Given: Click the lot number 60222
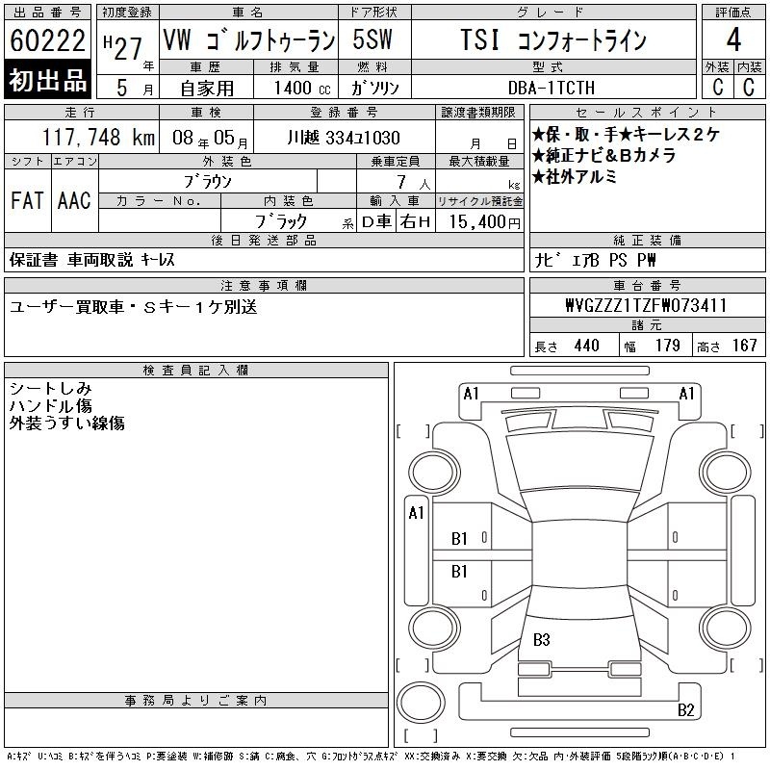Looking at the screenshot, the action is [47, 39].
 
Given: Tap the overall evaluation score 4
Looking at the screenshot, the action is [733, 39].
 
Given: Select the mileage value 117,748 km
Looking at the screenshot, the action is [98, 137].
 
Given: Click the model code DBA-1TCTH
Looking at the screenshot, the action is [552, 88].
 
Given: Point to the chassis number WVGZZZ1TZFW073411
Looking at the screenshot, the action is [646, 305].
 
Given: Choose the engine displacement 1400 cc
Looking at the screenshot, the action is [302, 88].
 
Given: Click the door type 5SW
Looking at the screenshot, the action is [372, 39].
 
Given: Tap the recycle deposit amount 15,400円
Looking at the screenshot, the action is [484, 222].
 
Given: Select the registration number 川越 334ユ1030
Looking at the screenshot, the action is [344, 138].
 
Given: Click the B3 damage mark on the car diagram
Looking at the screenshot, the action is [542, 639].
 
